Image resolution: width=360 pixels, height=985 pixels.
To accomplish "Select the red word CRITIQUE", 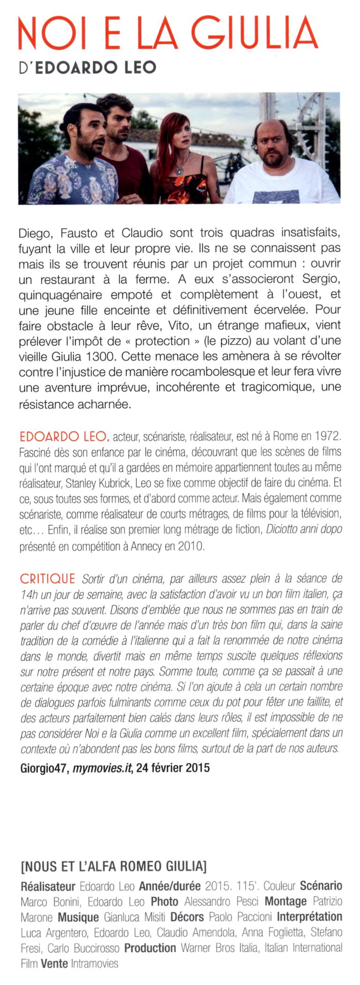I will click(47, 579).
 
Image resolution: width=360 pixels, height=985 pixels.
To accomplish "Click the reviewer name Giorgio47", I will click(45, 768).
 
